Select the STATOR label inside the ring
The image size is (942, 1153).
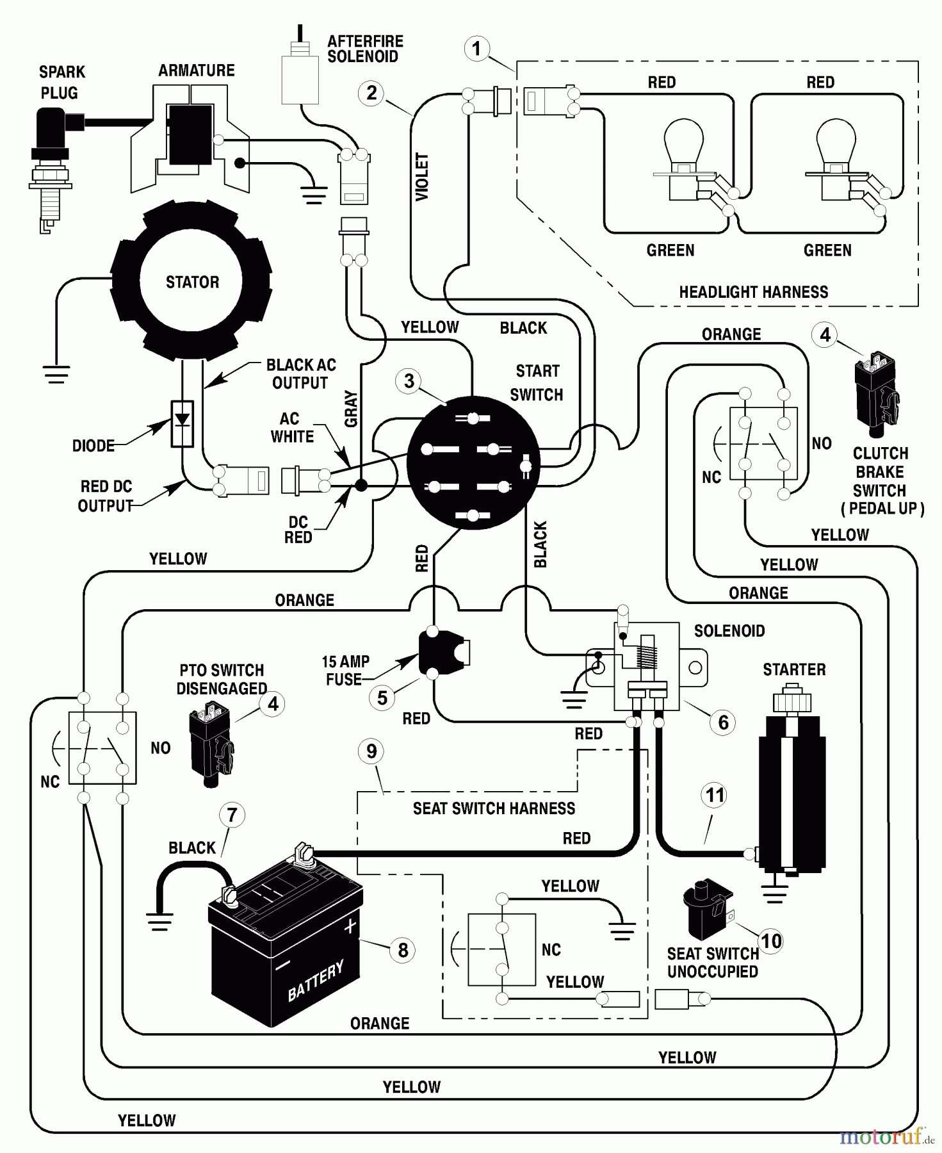point(192,282)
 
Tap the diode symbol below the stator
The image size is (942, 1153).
point(183,423)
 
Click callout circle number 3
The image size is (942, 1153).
point(409,381)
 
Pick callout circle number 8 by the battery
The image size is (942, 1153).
point(402,950)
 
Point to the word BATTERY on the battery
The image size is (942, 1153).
point(315,980)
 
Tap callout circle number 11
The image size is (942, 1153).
point(715,796)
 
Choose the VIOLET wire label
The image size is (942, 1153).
point(422,177)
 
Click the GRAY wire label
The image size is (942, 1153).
point(352,409)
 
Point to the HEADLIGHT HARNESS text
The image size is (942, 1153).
point(753,292)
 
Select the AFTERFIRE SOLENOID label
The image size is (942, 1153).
point(365,49)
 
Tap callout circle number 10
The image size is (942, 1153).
point(771,940)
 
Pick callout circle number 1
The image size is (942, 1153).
point(476,49)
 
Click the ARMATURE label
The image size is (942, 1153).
point(196,70)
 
